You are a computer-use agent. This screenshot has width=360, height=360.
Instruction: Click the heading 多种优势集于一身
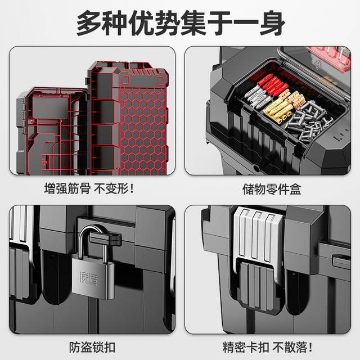pos(181,23)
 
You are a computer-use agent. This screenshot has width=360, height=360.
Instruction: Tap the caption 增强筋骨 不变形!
pos(89,189)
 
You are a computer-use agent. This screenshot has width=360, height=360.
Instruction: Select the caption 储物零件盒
pos(272,189)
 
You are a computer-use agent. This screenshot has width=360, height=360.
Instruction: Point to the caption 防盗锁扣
pos(92,347)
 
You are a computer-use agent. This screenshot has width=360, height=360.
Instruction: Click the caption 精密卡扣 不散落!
pos(268,347)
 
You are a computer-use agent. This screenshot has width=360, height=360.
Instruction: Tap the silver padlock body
pos(93,277)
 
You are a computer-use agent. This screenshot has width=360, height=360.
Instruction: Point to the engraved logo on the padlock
pos(89,278)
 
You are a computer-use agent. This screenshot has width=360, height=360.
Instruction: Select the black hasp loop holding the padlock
pos(105,238)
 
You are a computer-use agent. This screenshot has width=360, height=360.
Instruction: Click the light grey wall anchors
pos(257,96)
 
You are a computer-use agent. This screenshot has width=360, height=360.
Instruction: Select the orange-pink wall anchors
pos(294,97)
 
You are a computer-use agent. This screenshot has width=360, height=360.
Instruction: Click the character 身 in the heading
pos(272,23)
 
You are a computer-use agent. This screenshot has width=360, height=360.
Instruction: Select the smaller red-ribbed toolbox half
pos(52,131)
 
